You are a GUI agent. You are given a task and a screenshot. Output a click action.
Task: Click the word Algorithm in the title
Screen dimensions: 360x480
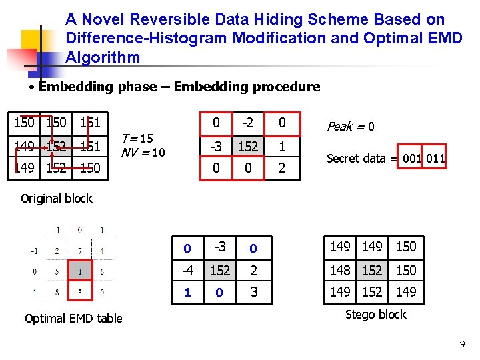point(103,57)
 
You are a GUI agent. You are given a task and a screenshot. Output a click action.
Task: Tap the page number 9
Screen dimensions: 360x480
point(462,344)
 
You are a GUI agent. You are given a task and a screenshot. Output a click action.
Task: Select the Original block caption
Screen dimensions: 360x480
point(57,198)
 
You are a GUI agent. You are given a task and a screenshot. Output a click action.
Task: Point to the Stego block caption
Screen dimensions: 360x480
point(375,315)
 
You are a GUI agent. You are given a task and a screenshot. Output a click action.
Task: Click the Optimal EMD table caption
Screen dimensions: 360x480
point(73,318)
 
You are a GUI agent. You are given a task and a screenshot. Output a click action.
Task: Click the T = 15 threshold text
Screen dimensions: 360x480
point(137,139)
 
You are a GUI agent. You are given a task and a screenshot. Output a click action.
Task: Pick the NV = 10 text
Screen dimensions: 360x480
point(143,152)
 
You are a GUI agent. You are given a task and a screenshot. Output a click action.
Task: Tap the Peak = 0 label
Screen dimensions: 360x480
point(350,126)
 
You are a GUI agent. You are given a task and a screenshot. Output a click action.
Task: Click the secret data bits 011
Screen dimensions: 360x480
point(435,158)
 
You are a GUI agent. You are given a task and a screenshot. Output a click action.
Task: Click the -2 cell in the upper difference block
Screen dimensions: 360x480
point(248,122)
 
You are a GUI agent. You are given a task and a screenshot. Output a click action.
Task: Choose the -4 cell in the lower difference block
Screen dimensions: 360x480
point(187,270)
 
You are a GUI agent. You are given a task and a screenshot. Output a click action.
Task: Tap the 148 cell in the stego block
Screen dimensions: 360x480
point(340,270)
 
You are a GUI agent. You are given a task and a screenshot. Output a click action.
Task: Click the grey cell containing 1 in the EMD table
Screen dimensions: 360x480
point(80,272)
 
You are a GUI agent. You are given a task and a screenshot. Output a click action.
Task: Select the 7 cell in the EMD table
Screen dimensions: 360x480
point(80,251)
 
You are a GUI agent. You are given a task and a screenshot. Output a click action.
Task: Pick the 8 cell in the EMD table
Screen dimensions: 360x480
point(57,292)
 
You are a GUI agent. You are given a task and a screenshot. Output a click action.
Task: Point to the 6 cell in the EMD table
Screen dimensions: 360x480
point(101,272)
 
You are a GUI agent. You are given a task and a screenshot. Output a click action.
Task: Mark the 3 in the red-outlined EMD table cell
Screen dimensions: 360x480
point(80,292)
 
